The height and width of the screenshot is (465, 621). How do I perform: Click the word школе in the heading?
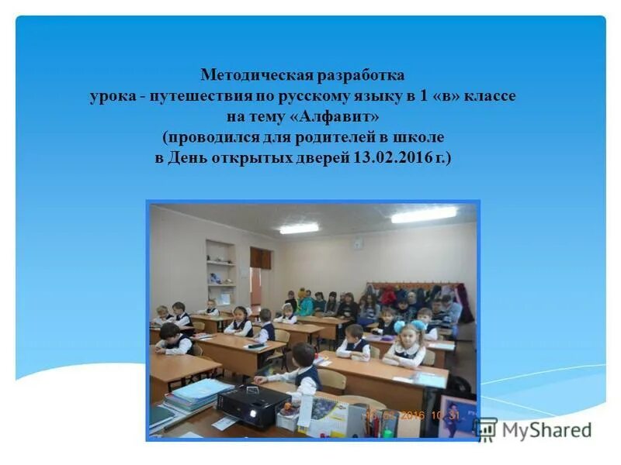[x=424, y=137]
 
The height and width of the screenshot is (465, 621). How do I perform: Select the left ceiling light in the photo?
[x=299, y=229]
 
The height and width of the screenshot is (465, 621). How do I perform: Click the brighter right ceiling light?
[x=424, y=215]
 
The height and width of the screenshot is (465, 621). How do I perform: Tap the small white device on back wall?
[x=358, y=243]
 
